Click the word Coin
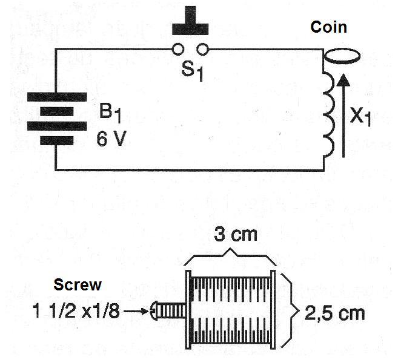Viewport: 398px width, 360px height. (x=329, y=27)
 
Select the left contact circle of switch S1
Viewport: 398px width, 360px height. (x=177, y=49)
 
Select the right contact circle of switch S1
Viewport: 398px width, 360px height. (x=202, y=49)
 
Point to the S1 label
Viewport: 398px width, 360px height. (x=193, y=71)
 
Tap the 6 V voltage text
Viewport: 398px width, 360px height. (x=111, y=139)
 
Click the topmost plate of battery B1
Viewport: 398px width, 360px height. (x=57, y=97)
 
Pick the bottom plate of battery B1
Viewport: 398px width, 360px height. (x=57, y=141)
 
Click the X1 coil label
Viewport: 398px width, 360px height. (x=360, y=116)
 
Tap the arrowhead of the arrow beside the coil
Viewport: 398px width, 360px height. (x=343, y=79)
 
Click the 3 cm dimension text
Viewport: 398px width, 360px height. (x=236, y=234)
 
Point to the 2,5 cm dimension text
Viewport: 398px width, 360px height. (x=335, y=313)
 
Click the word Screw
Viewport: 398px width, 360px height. (x=78, y=284)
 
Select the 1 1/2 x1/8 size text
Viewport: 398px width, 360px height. (x=76, y=311)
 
